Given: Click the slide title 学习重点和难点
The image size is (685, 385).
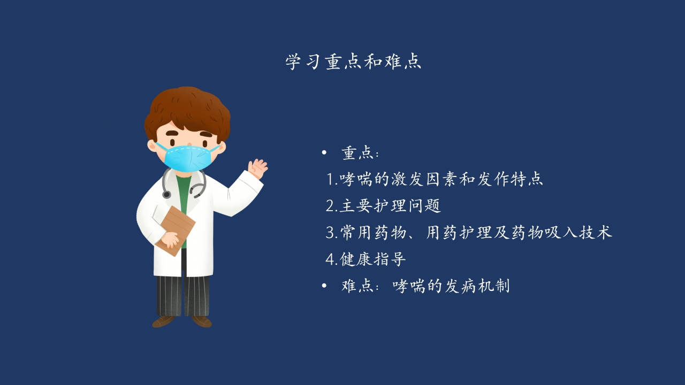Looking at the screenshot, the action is [353, 62].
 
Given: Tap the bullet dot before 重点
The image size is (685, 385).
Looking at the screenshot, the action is [324, 152].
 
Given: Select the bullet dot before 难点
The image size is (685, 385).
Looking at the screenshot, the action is [324, 286].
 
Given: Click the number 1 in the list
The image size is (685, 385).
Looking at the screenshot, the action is [331, 179].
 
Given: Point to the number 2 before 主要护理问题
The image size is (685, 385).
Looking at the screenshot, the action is [330, 206].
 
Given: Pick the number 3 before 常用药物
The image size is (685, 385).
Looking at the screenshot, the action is [330, 233].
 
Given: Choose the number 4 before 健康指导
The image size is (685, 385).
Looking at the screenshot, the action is [330, 259].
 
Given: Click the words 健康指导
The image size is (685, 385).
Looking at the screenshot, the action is [373, 259].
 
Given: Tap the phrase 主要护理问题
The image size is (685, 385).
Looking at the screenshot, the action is [390, 205].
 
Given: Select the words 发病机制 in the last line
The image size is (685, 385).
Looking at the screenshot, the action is [477, 286].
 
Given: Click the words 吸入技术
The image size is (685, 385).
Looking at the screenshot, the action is [579, 232].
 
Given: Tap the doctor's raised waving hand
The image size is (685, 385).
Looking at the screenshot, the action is [257, 168].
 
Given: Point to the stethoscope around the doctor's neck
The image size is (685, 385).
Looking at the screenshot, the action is [184, 183].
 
